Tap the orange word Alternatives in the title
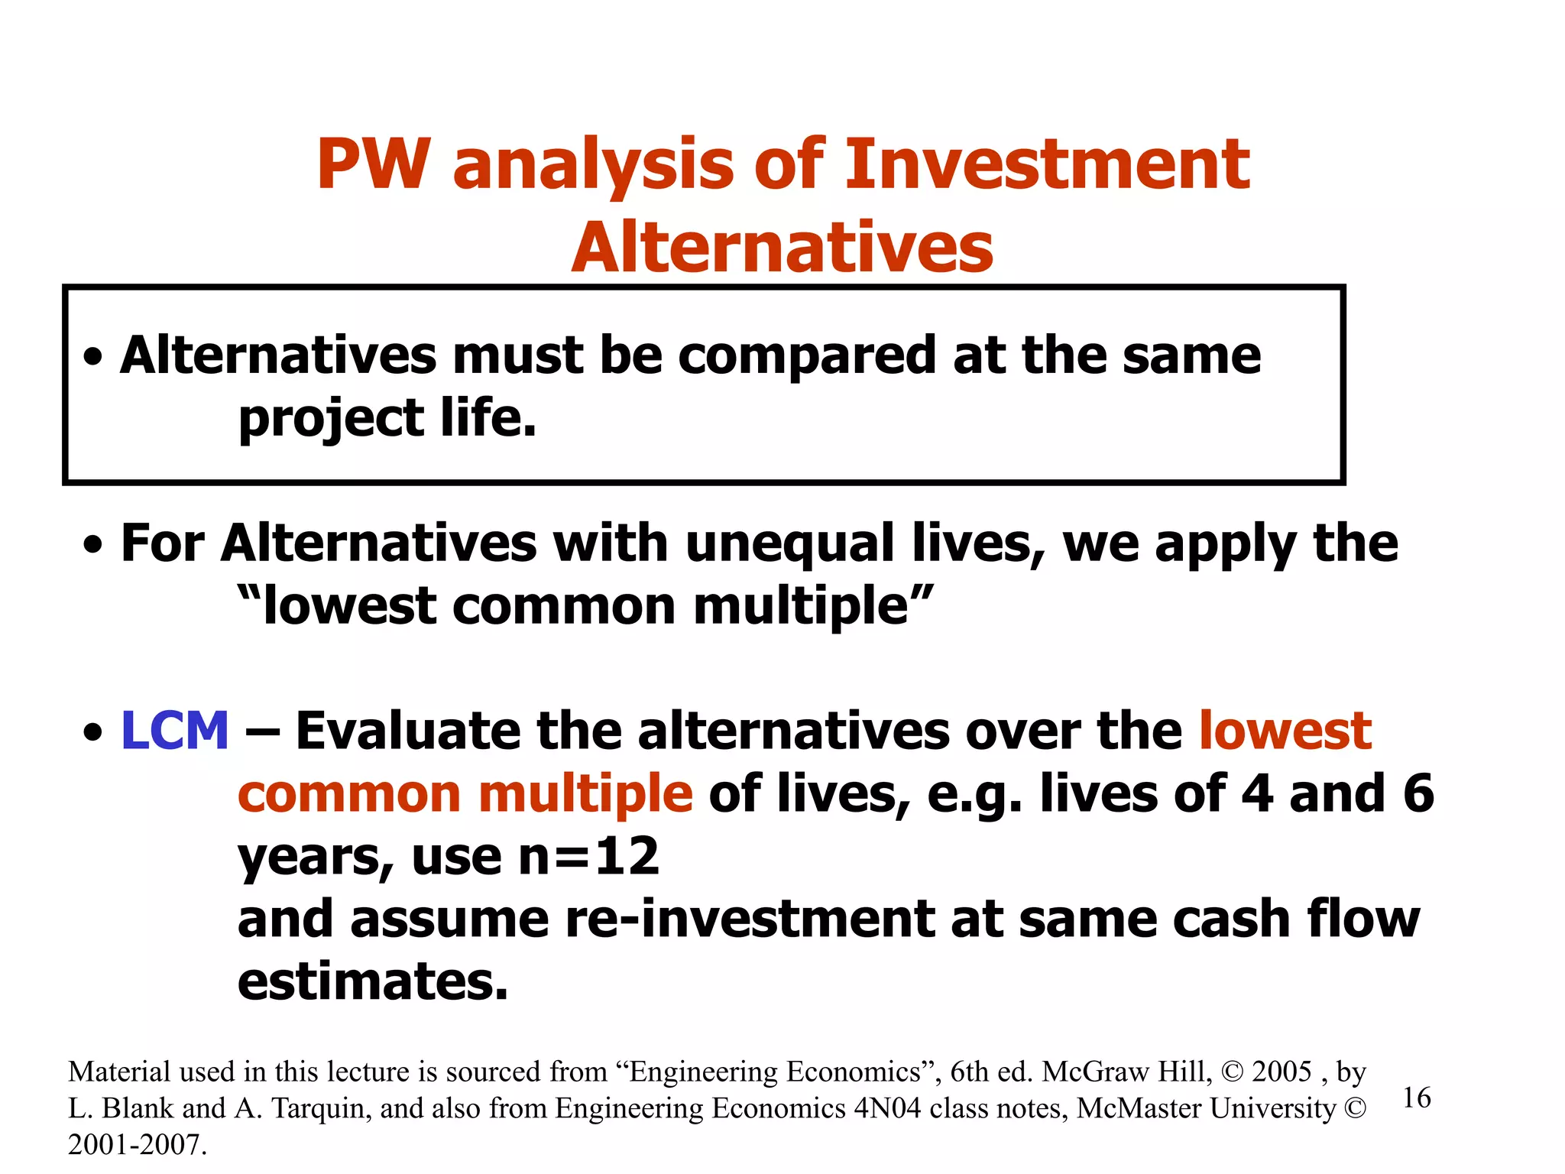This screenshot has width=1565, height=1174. (782, 248)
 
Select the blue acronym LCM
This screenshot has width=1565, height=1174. (175, 731)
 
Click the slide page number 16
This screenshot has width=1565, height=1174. (1417, 1098)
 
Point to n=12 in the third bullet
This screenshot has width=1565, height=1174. (588, 856)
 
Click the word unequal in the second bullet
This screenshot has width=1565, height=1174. (790, 543)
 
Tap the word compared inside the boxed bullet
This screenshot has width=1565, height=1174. (806, 355)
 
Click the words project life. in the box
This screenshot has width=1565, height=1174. (387, 419)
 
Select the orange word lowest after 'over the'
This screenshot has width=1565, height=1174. (1285, 731)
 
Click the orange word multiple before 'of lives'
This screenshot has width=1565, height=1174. (585, 793)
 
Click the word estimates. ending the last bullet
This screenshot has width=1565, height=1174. (373, 981)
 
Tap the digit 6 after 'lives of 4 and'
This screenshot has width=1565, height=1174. (1418, 793)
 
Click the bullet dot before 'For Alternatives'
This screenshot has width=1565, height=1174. (93, 546)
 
